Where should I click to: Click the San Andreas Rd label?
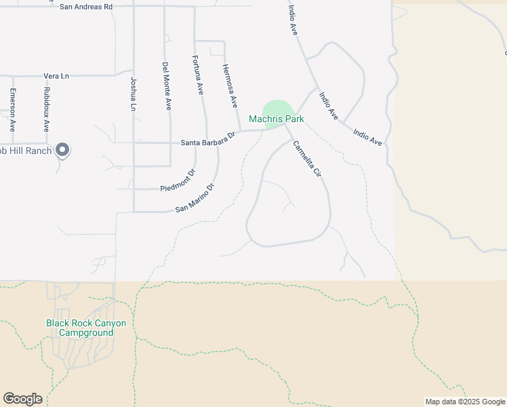tap(86, 7)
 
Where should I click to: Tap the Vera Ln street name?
tap(56, 76)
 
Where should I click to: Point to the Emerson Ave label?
tap(12, 110)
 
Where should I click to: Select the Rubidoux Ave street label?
tap(46, 109)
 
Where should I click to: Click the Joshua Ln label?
tap(133, 94)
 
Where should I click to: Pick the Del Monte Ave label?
tap(167, 86)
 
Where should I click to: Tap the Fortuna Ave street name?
tap(198, 75)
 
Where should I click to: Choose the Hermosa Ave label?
tap(230, 86)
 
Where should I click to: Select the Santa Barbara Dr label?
tap(207, 139)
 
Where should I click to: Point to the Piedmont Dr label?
tap(178, 180)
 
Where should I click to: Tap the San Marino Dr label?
tap(195, 197)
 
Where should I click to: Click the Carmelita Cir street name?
tap(307, 159)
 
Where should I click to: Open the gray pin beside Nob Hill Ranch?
tap(62, 149)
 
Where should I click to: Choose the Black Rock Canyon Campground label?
tap(86, 328)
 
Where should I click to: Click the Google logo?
tap(22, 399)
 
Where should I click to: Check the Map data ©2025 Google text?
tap(465, 402)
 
